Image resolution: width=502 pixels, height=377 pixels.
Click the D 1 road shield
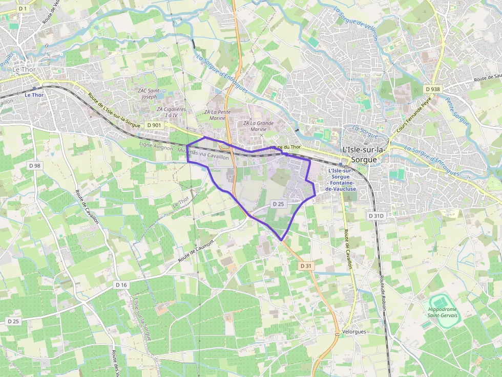pyautogui.click(x=23, y=9)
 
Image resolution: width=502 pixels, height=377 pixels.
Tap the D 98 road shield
pyautogui.click(x=34, y=166)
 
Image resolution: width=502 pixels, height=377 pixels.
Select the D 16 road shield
pyautogui.click(x=121, y=284)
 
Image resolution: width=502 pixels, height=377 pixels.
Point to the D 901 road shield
pyautogui.click(x=154, y=125)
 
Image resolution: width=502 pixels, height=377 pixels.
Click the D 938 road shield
pyautogui.click(x=433, y=89)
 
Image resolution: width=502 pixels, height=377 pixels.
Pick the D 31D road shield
pyautogui.click(x=376, y=216)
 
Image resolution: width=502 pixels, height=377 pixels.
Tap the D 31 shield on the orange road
pyautogui.click(x=306, y=266)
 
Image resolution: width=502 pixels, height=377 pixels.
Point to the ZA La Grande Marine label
pyautogui.click(x=258, y=126)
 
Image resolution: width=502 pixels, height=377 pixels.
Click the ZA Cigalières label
pyautogui.click(x=171, y=112)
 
